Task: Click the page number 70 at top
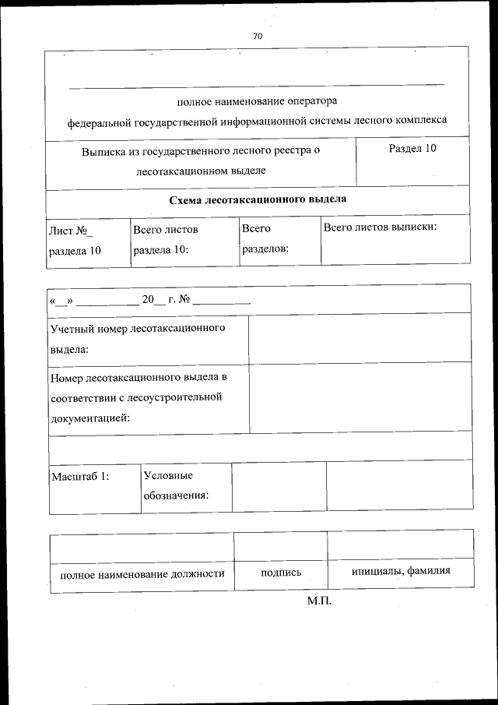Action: pos(257,36)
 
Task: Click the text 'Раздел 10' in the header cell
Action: pos(412,149)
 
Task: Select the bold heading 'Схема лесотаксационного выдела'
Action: pos(258,199)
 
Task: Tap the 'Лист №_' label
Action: pos(70,231)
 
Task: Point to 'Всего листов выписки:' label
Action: pos(379,227)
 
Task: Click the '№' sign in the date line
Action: pos(184,300)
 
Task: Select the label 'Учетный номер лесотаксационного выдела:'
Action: pos(138,339)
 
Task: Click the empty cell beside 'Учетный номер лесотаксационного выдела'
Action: pos(359,338)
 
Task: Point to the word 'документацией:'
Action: pos(89,418)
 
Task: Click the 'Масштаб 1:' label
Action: pos(79,476)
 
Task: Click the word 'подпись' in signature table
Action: pos(281,573)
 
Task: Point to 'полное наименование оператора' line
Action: pos(257,100)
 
